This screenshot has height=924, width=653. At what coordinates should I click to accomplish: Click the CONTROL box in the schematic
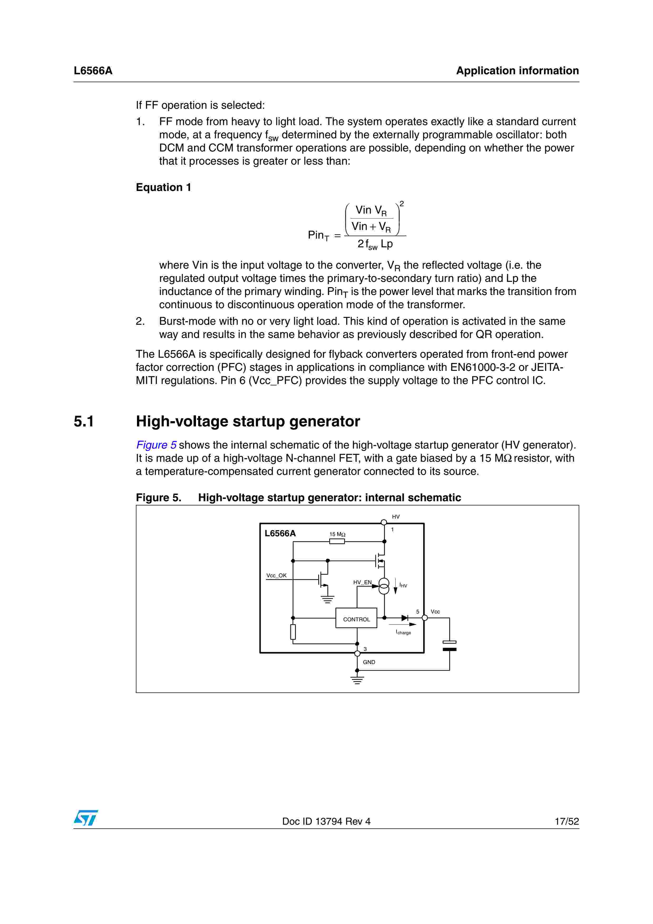point(356,619)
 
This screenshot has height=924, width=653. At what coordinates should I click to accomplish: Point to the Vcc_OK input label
point(276,576)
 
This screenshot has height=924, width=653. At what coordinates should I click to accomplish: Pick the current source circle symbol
point(384,586)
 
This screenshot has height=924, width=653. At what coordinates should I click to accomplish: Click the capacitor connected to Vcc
point(449,646)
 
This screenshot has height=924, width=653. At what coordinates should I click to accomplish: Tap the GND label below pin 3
point(369,662)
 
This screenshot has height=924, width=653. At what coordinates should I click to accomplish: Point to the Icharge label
point(403,632)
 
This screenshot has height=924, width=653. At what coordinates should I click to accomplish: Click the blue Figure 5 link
point(156,445)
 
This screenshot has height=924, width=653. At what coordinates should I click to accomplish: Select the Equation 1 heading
point(163,188)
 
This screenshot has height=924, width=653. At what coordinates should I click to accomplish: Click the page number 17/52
point(567,821)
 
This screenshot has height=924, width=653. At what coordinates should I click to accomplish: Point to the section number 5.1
point(84,421)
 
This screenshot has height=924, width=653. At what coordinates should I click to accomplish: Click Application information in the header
point(517,71)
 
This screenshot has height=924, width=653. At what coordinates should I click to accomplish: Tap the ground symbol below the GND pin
point(357,680)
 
